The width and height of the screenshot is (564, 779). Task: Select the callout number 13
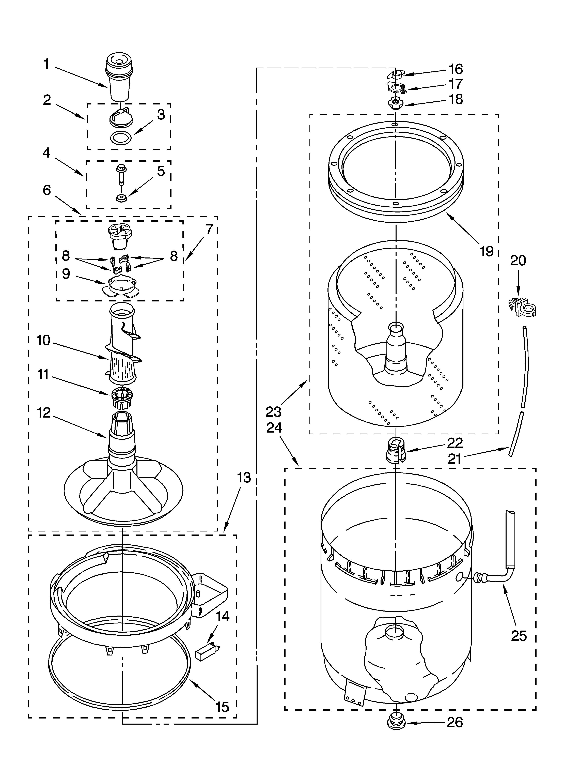point(244,477)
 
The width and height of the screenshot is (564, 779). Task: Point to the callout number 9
point(66,274)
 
